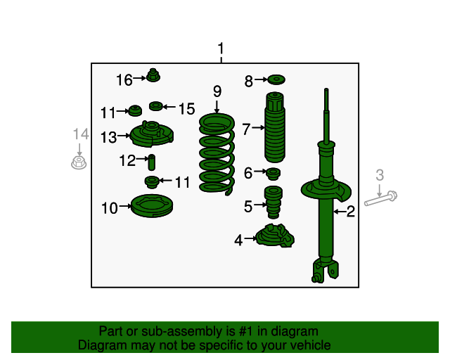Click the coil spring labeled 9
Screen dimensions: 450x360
click(217, 154)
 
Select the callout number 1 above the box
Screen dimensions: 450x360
click(221, 49)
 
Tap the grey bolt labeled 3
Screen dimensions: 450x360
click(380, 198)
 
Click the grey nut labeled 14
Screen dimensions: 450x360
click(79, 162)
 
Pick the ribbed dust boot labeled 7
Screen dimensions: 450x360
click(275, 127)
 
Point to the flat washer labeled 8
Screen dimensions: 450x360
click(276, 79)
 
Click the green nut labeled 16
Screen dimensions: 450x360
click(153, 75)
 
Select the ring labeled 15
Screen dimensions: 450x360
click(156, 106)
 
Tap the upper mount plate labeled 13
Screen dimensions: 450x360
click(152, 134)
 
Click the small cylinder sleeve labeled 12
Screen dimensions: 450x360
click(152, 162)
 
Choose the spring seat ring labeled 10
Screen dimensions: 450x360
click(152, 206)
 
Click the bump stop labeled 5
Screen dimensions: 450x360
click(274, 202)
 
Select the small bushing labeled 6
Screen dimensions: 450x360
click(274, 174)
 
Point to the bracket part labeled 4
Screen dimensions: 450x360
click(275, 236)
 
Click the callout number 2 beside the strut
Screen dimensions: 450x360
click(351, 212)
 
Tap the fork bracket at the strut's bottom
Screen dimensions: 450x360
click(325, 271)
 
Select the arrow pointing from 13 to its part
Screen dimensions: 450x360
click(124, 136)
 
